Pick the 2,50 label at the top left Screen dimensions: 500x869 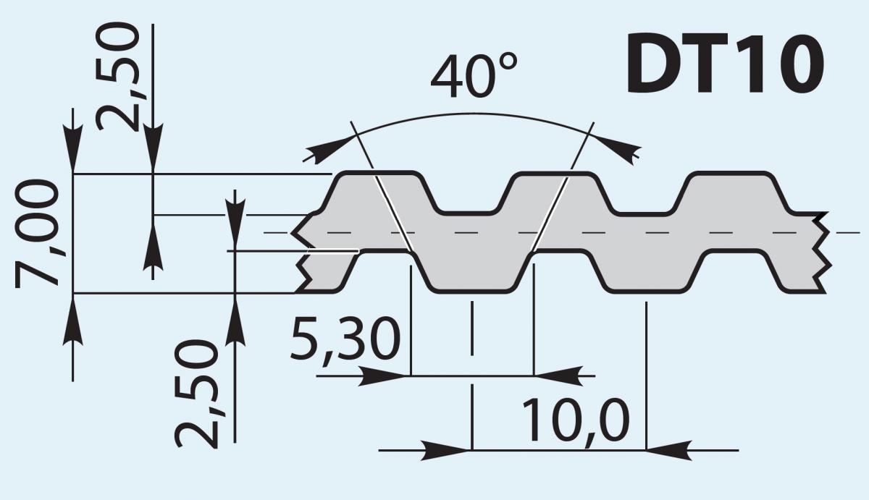[119, 76]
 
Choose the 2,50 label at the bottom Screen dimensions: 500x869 [197, 395]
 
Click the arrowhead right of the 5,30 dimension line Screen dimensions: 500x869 [561, 376]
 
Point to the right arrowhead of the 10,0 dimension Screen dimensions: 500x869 [670, 449]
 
